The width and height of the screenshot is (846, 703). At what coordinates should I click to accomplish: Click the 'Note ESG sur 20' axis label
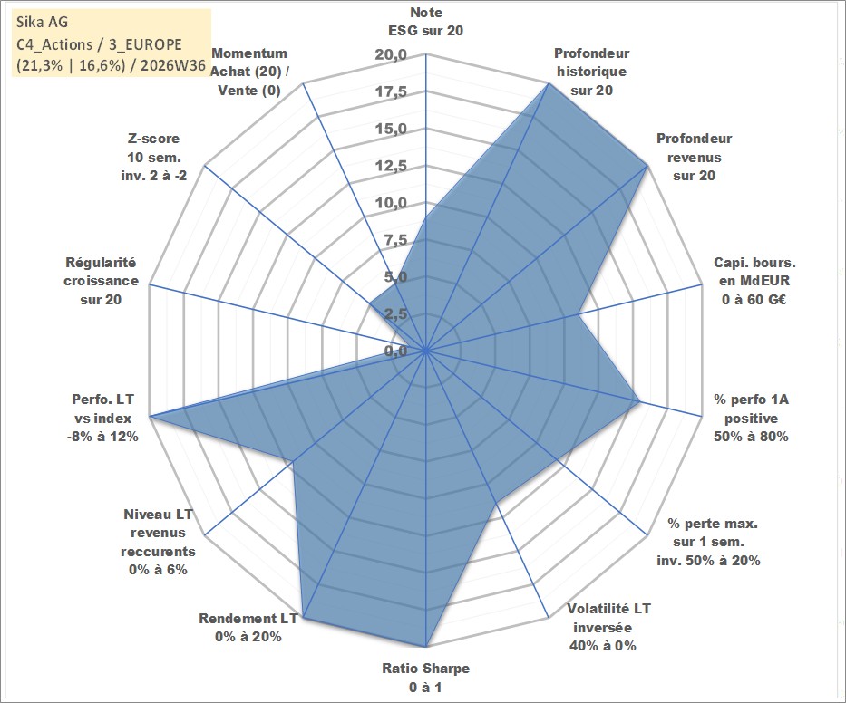pyautogui.click(x=425, y=22)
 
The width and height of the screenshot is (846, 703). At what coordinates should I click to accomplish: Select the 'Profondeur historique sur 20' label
pyautogui.click(x=591, y=72)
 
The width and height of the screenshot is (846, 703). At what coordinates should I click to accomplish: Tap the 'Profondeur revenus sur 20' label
pyautogui.click(x=694, y=157)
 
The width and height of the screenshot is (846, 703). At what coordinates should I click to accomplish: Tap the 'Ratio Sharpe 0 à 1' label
pyautogui.click(x=425, y=678)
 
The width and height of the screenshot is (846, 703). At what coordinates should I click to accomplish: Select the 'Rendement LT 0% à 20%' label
pyautogui.click(x=248, y=628)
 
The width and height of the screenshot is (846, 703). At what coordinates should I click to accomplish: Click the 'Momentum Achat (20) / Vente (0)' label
pyautogui.click(x=249, y=72)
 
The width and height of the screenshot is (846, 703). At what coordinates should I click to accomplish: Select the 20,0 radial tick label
pyautogui.click(x=391, y=55)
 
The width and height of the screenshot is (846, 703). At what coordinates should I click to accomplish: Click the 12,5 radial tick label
pyautogui.click(x=391, y=166)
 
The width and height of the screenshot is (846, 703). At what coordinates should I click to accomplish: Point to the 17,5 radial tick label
pyautogui.click(x=391, y=92)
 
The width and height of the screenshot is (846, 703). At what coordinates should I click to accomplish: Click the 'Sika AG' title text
pyautogui.click(x=42, y=22)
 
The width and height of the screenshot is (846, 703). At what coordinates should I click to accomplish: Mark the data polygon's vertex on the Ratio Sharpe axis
pyautogui.click(x=425, y=647)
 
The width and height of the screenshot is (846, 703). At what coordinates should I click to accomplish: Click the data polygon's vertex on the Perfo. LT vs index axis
pyautogui.click(x=150, y=416)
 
